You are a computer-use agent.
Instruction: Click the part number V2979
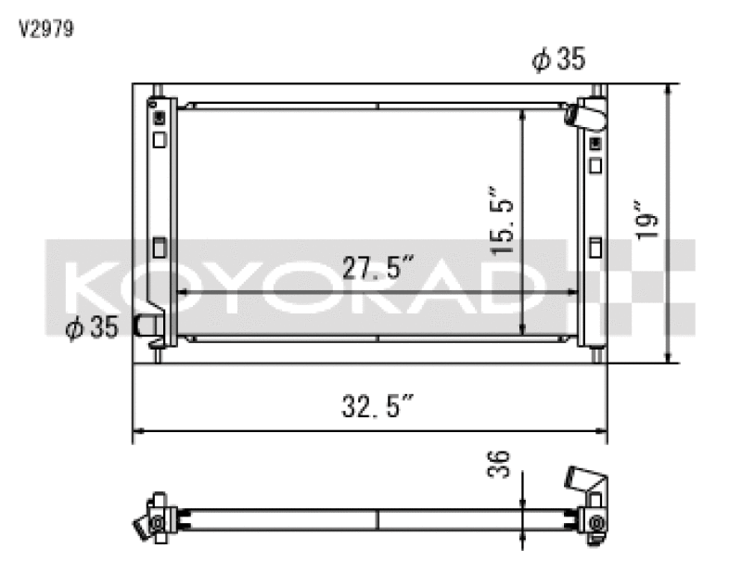coord(46,29)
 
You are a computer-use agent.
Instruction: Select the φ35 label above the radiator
coord(558,60)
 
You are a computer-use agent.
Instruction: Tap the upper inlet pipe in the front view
coord(587,115)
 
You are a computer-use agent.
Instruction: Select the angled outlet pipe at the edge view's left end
coord(144,525)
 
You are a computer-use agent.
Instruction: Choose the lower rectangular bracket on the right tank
coord(594,249)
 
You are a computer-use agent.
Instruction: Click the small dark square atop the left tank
coord(160,118)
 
